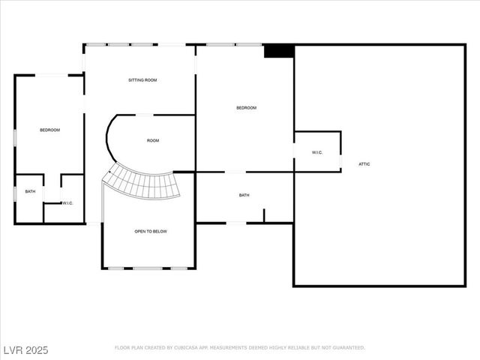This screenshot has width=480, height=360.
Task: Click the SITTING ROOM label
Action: [142, 79]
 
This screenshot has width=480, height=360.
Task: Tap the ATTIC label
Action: [364, 164]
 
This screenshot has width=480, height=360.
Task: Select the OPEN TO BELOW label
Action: [151, 232]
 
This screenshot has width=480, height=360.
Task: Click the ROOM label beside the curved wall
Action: [153, 141]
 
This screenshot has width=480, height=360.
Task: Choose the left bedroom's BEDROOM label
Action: [49, 130]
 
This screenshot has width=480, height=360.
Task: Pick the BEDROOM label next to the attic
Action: [246, 108]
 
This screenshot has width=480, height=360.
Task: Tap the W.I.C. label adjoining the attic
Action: [316, 153]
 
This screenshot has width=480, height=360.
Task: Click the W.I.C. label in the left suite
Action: [67, 202]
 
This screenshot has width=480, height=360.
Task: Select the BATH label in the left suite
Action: [30, 191]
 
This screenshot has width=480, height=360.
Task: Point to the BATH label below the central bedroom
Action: [244, 196]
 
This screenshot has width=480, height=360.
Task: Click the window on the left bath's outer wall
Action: [15, 193]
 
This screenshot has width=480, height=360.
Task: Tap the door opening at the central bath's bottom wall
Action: [235, 222]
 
